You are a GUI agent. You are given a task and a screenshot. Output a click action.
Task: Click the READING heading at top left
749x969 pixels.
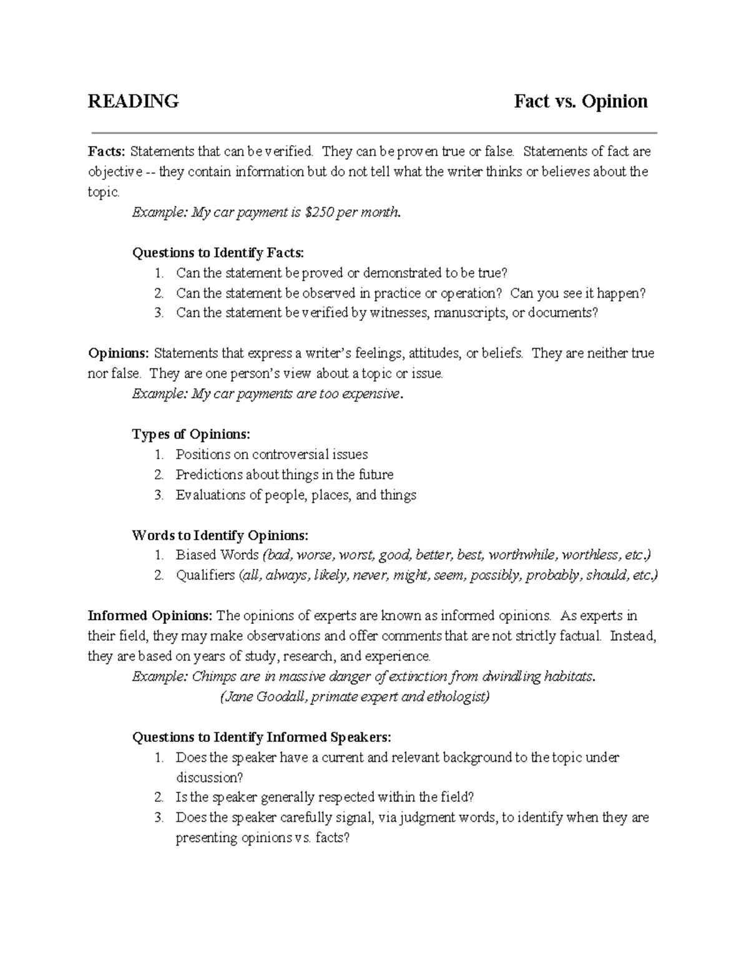133,101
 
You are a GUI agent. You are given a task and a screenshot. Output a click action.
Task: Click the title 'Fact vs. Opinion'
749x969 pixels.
580,101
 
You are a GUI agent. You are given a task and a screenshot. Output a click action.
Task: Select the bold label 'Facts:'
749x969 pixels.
107,152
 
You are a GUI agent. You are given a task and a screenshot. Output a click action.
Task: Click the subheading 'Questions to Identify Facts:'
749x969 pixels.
218,253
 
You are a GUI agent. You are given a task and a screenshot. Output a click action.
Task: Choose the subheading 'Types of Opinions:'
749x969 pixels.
191,434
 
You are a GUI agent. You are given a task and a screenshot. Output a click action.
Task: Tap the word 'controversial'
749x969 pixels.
291,455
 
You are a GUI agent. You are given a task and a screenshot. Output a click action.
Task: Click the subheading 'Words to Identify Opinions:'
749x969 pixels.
220,535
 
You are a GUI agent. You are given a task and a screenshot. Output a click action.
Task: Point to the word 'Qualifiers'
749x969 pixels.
205,576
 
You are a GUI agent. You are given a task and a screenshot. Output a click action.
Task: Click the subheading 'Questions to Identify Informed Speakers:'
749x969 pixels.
262,738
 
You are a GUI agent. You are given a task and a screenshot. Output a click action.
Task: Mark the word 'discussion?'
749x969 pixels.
208,778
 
